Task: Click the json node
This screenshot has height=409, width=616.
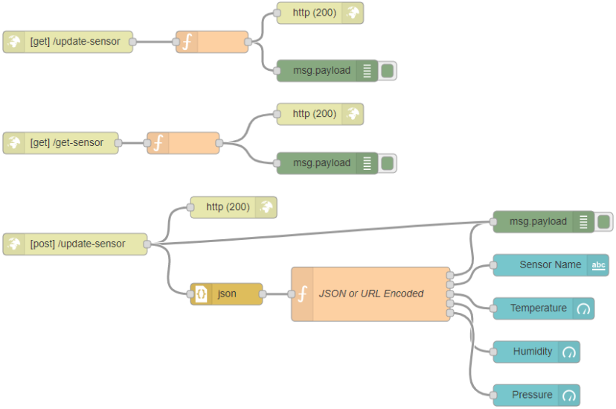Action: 226,294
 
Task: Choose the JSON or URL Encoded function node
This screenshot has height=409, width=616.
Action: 370,294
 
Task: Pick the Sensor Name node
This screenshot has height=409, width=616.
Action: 550,264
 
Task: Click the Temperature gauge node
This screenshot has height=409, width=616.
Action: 538,308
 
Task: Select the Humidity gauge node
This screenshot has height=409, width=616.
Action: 532,352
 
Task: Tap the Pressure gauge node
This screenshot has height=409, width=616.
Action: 532,395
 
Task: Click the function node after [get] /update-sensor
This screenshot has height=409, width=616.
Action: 212,42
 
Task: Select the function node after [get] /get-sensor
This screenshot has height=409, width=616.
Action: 183,142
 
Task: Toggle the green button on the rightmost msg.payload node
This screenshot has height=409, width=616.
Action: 604,221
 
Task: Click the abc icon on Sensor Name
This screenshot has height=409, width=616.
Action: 598,265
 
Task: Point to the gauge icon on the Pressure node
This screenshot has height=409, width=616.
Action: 569,395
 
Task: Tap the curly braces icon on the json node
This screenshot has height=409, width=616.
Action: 200,294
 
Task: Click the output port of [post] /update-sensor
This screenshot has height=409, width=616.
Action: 147,244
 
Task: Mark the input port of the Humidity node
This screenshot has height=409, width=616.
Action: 493,352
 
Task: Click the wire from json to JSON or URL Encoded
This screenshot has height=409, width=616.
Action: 277,294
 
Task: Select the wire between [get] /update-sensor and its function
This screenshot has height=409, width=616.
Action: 154,42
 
